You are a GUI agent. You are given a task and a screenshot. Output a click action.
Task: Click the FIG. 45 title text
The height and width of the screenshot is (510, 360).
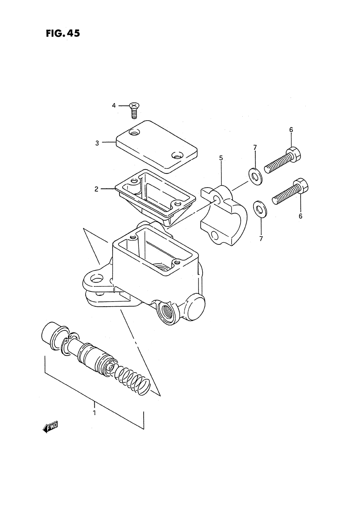63,33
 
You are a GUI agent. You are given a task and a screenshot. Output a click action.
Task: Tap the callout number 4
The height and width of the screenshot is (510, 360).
114,105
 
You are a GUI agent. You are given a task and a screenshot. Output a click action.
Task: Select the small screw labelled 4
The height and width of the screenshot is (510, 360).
135,110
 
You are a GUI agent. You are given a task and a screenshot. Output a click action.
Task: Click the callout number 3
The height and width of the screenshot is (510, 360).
97,143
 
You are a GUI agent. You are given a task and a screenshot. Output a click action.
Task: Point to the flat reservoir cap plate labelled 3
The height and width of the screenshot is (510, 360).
157,146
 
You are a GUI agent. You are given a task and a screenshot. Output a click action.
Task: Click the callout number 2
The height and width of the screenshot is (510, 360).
96,189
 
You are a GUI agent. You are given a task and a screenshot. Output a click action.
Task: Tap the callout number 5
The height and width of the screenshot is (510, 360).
221,158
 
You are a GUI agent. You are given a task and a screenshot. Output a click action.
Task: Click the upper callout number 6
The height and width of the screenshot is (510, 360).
291,130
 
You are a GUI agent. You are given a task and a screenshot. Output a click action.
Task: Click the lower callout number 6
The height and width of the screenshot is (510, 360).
300,216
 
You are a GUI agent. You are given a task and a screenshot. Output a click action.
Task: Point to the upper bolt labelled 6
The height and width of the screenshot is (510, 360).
283,160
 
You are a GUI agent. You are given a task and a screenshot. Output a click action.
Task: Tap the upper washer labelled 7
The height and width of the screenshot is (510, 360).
256,175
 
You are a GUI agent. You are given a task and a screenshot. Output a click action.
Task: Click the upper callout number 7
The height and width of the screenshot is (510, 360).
255,147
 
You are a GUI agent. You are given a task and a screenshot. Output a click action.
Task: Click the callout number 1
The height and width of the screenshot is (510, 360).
94,413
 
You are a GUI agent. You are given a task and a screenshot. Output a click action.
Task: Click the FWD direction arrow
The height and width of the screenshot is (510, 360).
50,427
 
